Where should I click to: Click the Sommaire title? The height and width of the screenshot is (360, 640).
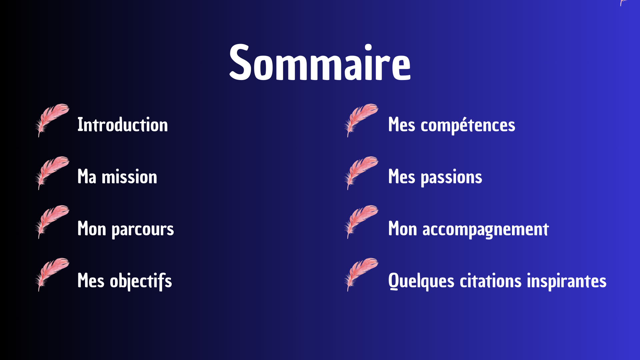click(320, 63)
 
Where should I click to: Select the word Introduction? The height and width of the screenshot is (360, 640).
click(123, 125)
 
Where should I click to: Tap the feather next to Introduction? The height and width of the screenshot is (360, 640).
click(52, 120)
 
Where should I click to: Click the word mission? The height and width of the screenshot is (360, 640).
click(129, 177)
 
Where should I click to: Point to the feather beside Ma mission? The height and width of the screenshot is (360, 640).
click(52, 173)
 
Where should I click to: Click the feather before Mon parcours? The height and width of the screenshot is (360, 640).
click(52, 222)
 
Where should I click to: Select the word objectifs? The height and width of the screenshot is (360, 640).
click(141, 281)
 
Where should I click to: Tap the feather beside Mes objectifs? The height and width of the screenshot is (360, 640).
click(52, 274)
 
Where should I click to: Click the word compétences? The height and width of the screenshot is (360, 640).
click(468, 125)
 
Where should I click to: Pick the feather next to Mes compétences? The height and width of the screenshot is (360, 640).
click(361, 120)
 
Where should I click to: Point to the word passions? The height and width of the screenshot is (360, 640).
click(452, 178)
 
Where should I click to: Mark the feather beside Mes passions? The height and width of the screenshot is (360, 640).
click(361, 173)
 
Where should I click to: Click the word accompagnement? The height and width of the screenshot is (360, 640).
click(486, 230)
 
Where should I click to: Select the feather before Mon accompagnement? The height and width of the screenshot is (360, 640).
click(361, 222)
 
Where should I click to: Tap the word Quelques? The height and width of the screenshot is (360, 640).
click(421, 281)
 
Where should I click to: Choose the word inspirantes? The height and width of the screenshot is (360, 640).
click(567, 281)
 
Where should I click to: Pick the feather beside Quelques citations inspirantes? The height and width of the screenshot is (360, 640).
click(361, 274)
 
